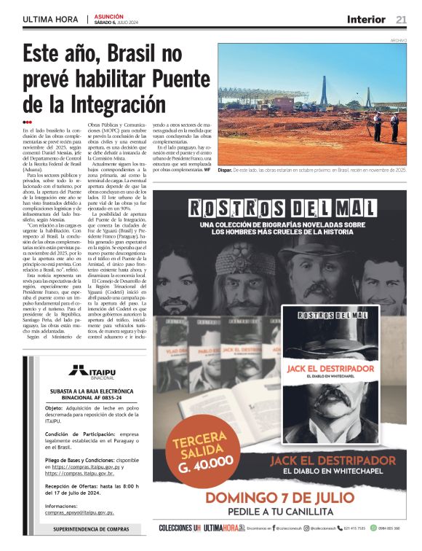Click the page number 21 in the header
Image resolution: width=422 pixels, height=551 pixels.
402,19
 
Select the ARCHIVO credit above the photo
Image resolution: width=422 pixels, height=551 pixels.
398,40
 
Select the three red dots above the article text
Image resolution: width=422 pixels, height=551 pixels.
27,122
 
